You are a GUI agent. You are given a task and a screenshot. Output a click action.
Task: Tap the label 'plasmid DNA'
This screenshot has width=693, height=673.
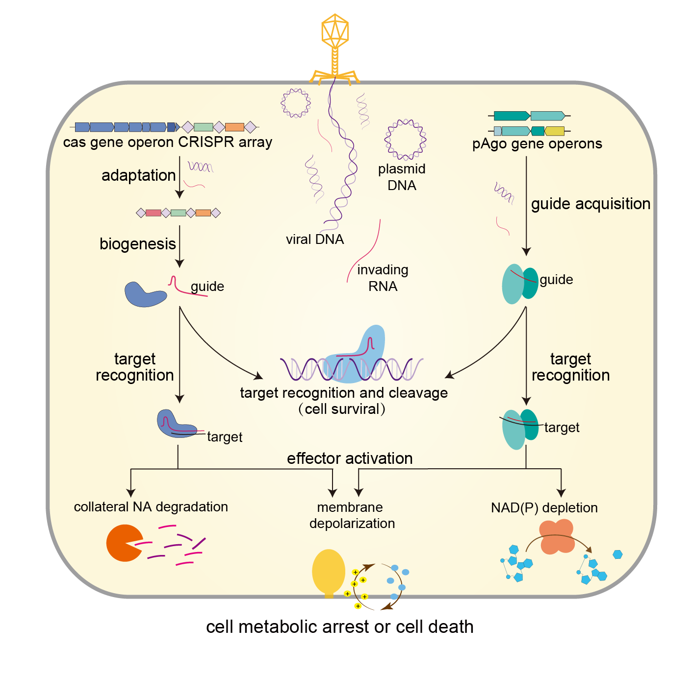pyautogui.click(x=402, y=177)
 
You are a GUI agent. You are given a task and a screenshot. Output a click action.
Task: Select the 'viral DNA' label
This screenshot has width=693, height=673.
pyautogui.click(x=315, y=240)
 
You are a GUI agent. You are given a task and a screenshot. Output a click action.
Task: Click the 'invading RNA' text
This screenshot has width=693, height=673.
pyautogui.click(x=383, y=278)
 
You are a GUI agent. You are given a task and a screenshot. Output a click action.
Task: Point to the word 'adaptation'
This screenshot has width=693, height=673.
pyautogui.click(x=138, y=175)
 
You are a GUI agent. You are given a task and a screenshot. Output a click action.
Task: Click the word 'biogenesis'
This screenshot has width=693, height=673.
pyautogui.click(x=137, y=244)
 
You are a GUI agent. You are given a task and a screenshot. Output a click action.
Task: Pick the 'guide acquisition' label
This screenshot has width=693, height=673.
pyautogui.click(x=590, y=204)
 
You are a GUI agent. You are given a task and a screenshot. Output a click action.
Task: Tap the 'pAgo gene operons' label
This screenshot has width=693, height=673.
pyautogui.click(x=537, y=144)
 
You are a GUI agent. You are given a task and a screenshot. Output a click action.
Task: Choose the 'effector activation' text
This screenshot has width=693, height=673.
pyautogui.click(x=350, y=458)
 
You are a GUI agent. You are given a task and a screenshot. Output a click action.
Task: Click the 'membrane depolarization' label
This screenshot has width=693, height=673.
pyautogui.click(x=352, y=515)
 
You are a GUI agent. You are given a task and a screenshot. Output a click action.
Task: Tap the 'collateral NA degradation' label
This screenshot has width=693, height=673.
pyautogui.click(x=151, y=507)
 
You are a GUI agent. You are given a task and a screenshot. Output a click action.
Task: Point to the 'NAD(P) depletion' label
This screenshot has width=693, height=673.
pyautogui.click(x=544, y=508)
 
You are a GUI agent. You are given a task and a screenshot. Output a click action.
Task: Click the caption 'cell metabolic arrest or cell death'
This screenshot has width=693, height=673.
pyautogui.click(x=339, y=627)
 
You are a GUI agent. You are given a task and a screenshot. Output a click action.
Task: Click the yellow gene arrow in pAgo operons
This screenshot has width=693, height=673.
pyautogui.click(x=554, y=131)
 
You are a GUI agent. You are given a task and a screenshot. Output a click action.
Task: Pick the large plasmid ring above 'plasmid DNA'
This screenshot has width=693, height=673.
pyautogui.click(x=405, y=140)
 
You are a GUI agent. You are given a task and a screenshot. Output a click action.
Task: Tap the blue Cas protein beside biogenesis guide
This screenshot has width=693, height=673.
pyautogui.click(x=145, y=294)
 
